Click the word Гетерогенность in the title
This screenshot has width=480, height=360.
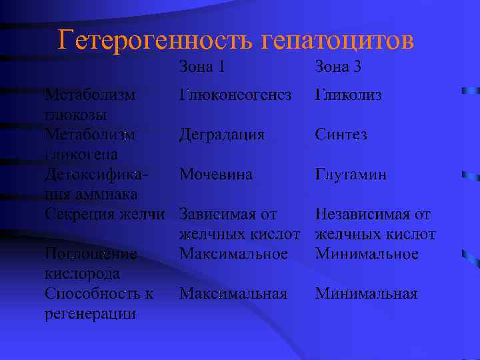click(155, 41)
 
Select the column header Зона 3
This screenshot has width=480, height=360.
click(338, 67)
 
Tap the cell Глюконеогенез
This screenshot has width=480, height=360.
click(235, 95)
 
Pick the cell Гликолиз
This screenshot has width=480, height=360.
click(349, 95)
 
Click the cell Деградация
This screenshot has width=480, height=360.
click(221, 135)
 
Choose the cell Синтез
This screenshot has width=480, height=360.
click(341, 135)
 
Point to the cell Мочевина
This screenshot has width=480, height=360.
click(215, 175)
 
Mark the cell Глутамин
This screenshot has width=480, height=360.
click(351, 175)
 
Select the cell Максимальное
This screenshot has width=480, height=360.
click(233, 254)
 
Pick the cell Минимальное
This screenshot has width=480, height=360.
click(367, 254)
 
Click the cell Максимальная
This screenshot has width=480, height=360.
click(233, 294)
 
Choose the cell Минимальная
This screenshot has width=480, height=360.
click(366, 294)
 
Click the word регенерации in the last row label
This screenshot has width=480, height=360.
click(90, 313)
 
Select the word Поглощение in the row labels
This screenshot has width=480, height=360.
click(90, 254)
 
